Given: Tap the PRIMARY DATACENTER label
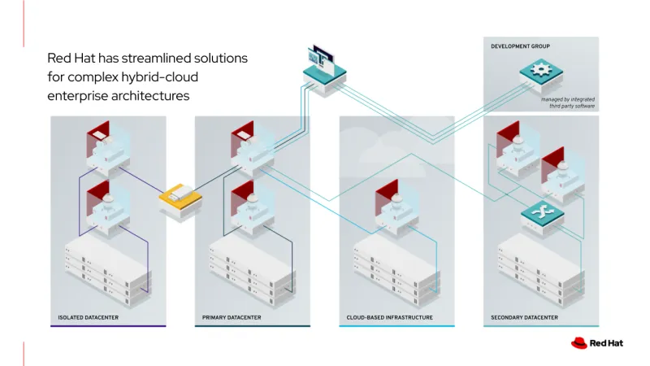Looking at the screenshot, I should tap(232, 317).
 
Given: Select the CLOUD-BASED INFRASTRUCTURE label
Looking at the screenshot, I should tap(384, 317).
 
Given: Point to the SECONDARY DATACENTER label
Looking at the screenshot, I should tap(524, 317).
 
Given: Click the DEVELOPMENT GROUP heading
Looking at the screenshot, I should tap(520, 46).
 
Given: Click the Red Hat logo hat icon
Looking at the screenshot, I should tap(578, 343).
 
